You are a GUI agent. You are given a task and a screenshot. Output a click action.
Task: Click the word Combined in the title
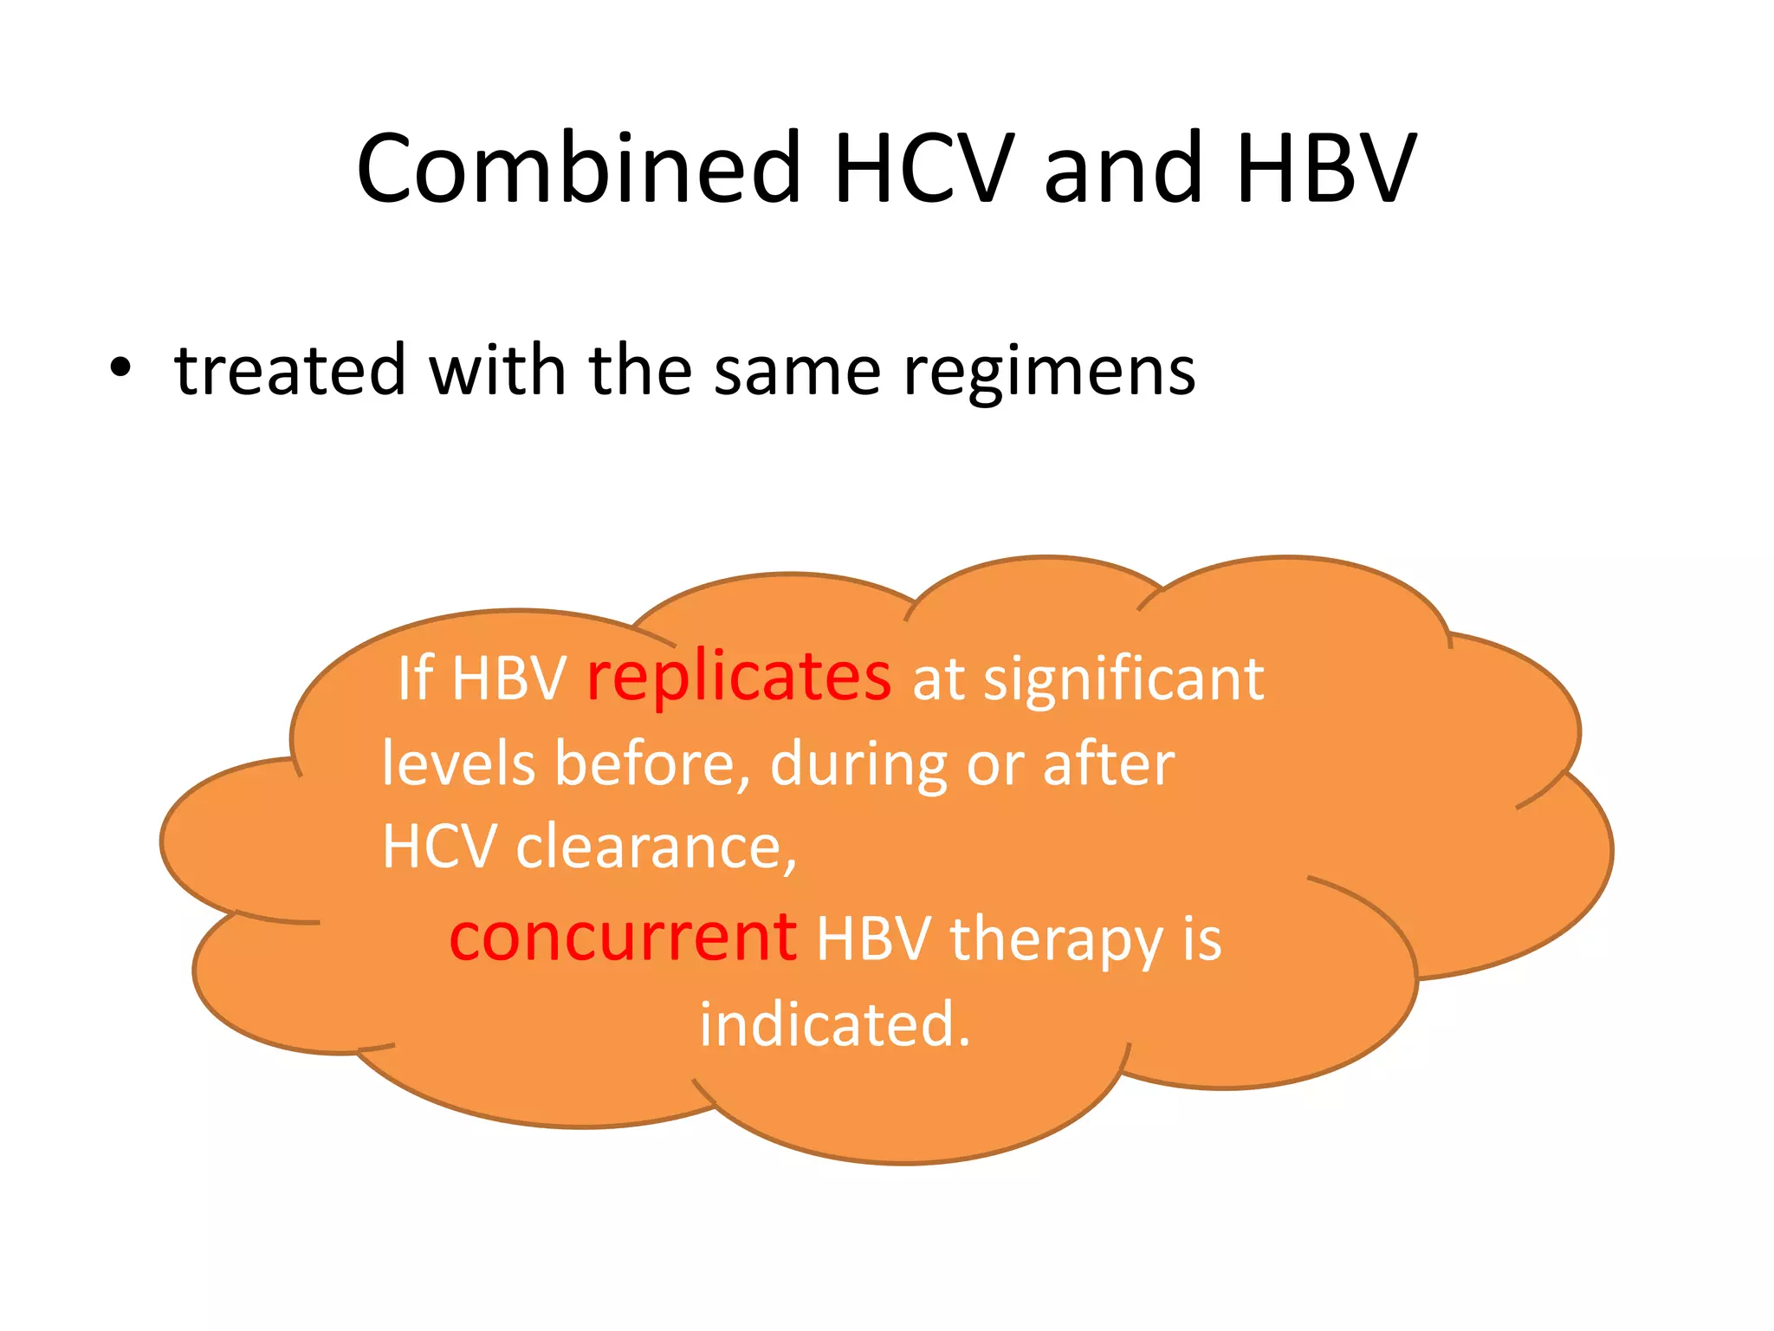click(579, 169)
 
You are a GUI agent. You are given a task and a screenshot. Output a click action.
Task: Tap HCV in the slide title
click(923, 169)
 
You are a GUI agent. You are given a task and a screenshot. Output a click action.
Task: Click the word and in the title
click(1123, 169)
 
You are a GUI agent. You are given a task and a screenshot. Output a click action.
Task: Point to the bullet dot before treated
click(120, 370)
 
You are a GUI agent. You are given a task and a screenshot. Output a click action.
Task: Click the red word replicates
click(738, 678)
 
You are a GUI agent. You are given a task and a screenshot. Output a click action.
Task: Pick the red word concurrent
click(623, 938)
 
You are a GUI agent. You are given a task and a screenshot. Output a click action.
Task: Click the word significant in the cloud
click(1123, 679)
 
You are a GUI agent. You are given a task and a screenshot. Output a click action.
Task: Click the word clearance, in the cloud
click(656, 847)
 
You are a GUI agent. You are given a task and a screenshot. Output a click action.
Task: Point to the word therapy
click(1056, 941)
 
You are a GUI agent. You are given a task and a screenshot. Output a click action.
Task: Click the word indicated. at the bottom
click(834, 1025)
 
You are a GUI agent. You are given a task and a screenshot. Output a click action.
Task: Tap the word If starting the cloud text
click(415, 678)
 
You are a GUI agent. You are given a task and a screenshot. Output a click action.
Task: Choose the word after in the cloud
click(1108, 764)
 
